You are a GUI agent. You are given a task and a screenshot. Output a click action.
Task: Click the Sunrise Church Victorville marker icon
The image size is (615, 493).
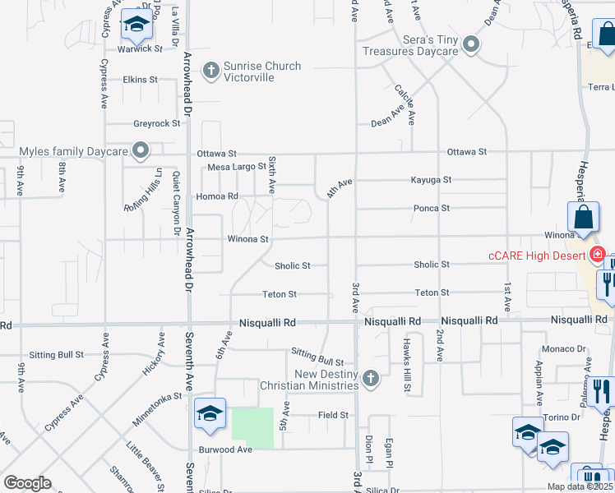point(210,71)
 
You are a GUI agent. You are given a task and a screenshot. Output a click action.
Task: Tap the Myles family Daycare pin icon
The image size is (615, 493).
point(141,151)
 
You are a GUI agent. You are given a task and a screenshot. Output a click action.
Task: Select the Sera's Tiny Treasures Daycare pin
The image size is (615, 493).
point(470,44)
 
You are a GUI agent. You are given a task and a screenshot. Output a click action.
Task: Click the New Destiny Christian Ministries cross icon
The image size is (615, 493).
point(371,378)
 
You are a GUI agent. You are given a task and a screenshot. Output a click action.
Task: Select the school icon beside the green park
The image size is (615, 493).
point(210,413)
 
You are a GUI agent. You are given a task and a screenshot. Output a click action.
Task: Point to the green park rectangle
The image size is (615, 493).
point(252,428)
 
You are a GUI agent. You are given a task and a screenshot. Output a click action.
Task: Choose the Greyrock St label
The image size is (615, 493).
point(156,124)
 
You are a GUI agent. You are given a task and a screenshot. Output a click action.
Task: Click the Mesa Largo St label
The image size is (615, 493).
point(237,167)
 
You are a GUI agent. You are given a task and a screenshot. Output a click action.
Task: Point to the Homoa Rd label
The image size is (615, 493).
point(217,197)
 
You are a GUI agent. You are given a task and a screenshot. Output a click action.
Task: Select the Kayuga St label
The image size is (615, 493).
point(432,180)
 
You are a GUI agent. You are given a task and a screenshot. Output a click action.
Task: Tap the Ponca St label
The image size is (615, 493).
point(432,209)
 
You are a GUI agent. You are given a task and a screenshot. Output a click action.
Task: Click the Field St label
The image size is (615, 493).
point(334,416)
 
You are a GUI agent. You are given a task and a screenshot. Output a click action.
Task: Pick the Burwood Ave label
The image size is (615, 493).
point(225,450)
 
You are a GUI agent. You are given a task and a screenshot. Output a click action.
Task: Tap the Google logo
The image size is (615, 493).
point(27,483)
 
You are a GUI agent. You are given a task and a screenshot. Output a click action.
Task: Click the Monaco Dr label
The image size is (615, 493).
point(568,348)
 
